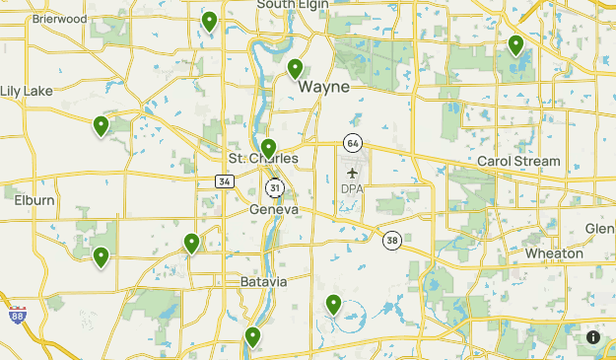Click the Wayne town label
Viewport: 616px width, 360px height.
323,87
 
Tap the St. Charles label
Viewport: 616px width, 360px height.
263,159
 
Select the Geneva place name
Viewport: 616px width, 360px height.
274,210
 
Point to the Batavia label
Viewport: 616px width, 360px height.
263,281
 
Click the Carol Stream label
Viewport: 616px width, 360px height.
517,161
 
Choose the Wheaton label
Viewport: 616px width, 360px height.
554,253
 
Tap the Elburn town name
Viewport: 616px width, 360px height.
34,200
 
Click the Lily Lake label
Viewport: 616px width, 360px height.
27,91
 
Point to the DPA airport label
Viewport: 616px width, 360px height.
352,188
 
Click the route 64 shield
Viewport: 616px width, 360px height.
352,143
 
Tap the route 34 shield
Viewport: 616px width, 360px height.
225,181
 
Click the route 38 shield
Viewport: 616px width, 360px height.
392,240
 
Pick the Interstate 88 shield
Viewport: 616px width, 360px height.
7,304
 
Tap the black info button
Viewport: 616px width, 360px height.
593,337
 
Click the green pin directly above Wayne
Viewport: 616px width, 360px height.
295,69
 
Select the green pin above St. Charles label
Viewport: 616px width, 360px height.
268,149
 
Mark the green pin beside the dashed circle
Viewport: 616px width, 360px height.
334,305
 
